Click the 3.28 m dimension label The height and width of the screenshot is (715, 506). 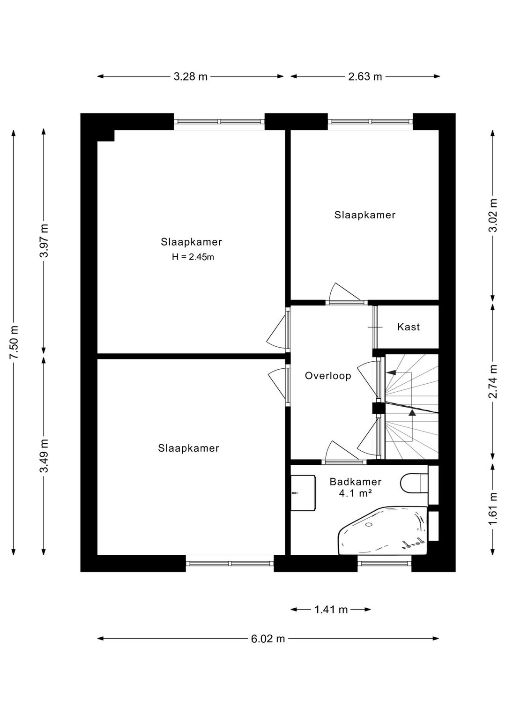click(190, 77)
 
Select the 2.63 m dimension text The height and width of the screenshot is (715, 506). click(365, 77)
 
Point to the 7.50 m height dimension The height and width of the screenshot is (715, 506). click(14, 343)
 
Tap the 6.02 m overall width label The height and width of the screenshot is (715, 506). click(268, 639)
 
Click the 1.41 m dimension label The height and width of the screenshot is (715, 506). click(331, 610)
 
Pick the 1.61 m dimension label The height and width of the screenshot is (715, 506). click(492, 509)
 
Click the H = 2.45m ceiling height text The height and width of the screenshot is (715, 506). click(193, 257)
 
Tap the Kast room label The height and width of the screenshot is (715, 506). click(409, 327)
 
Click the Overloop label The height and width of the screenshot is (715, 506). click(328, 376)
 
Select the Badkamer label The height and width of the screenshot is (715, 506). click(355, 482)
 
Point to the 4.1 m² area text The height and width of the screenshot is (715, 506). click(355, 493)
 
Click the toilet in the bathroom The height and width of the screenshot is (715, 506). click(414, 483)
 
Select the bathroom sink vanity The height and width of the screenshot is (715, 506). click(303, 493)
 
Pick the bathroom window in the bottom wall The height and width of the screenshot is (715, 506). click(385, 563)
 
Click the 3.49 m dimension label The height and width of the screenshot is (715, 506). click(44, 456)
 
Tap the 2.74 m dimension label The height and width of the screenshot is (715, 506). click(492, 381)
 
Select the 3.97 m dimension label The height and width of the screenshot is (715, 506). click(44, 241)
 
